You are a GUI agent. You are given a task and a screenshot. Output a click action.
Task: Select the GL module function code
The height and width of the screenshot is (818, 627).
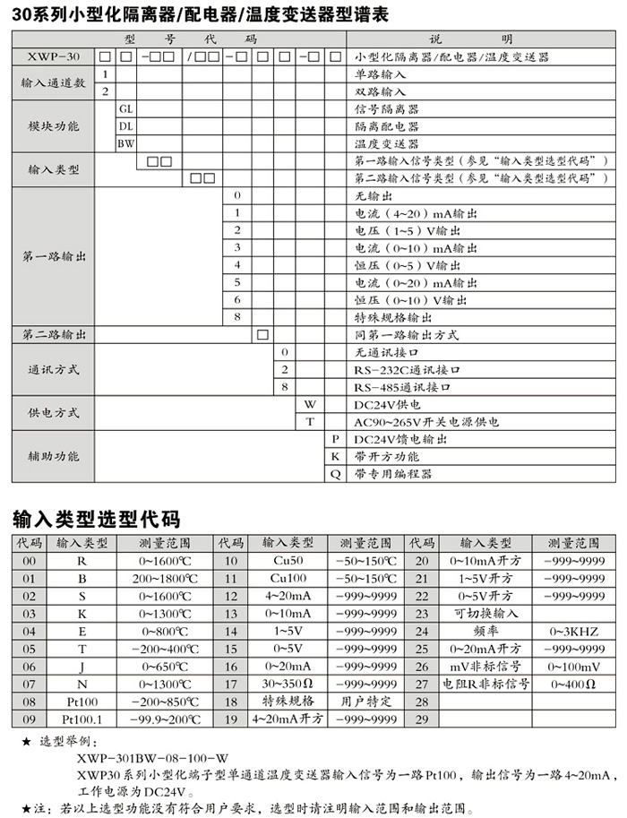pos(125,108)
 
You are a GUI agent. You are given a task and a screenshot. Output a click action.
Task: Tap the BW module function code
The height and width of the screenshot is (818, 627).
pos(125,142)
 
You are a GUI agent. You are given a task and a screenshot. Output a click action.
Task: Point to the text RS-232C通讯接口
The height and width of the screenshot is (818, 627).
pos(407,369)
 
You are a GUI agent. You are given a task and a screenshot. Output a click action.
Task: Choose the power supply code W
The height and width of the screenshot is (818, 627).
pos(311,404)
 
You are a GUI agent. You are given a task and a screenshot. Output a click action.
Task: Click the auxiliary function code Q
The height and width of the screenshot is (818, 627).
pos(335,474)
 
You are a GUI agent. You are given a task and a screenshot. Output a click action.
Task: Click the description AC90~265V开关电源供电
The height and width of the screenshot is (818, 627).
pos(426,422)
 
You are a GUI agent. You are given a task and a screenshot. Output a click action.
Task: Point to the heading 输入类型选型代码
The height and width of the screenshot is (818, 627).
pos(96,520)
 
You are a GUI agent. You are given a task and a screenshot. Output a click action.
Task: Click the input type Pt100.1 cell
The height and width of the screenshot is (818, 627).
pos(82,719)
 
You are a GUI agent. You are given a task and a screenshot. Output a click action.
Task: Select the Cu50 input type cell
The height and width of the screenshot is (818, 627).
pos(288,561)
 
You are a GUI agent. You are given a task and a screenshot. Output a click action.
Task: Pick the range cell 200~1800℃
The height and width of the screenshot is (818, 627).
pos(164,578)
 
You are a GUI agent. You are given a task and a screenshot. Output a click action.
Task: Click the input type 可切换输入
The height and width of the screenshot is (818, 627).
pos(486,614)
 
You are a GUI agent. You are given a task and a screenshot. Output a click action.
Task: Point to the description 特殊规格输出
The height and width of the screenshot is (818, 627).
pos(394,317)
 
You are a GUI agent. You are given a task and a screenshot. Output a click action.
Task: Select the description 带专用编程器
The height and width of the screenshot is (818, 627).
pos(393,474)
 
